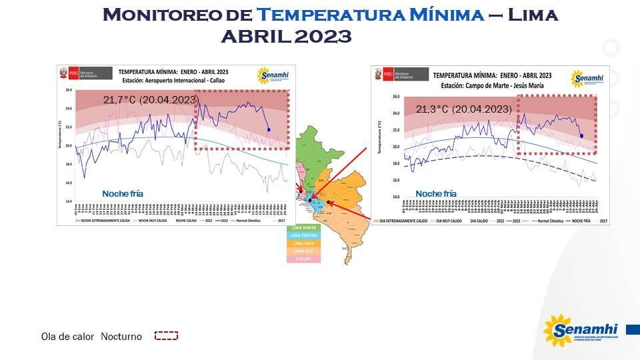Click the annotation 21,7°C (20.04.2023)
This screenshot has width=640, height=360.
coord(151,100)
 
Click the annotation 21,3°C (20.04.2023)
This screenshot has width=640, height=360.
coord(463,109)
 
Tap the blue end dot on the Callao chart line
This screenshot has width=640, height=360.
coord(268,129)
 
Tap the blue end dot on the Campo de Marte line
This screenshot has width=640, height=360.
coord(581,136)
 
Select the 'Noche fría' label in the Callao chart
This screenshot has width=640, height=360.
coord(122,193)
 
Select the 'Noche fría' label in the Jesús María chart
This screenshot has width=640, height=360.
coord(435,193)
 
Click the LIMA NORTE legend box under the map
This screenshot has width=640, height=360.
coord(305,227)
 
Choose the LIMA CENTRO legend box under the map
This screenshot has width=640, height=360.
coord(305,235)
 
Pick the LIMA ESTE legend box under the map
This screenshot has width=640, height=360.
coord(305,243)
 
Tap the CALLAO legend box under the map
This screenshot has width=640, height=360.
coord(305,259)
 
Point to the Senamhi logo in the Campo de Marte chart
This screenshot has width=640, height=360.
coord(587,79)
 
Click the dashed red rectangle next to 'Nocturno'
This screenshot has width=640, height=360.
coord(166,336)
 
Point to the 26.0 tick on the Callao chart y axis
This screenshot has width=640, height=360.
coord(67,89)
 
